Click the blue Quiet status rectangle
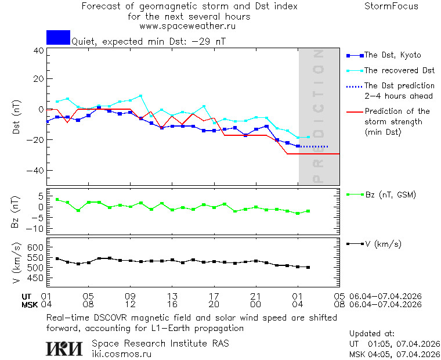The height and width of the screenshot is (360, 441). (58, 37)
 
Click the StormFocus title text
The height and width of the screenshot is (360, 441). (391, 6)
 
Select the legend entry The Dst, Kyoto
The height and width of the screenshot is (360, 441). (393, 55)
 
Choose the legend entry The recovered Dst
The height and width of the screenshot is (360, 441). (399, 70)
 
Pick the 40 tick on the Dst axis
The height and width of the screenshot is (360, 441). (38, 51)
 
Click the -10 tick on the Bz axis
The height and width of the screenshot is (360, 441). (36, 228)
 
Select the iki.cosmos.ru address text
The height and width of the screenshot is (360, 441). (121, 354)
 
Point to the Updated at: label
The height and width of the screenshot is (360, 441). (371, 334)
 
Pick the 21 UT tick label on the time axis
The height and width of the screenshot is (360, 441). (255, 296)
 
